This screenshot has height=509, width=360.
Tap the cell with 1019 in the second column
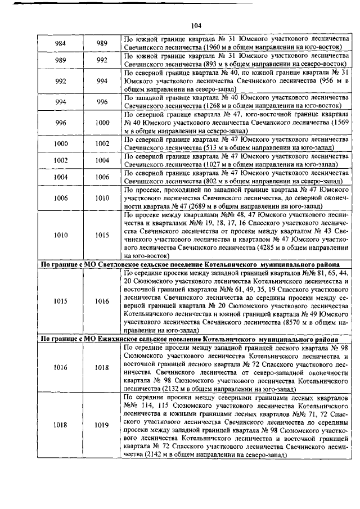click(x=102, y=426)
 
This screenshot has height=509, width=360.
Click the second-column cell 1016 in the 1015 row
click(x=102, y=301)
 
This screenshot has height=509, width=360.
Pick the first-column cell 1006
click(x=60, y=197)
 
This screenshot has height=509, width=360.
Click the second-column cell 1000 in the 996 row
click(x=102, y=122)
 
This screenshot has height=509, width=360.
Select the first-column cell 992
click(x=60, y=81)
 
